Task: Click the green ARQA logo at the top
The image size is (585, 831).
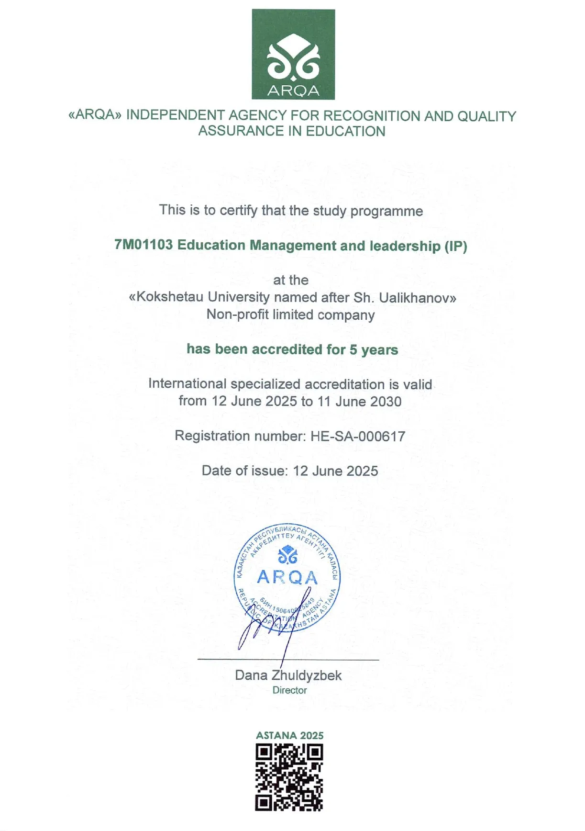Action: click(x=293, y=54)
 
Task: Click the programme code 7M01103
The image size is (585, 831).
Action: click(x=143, y=245)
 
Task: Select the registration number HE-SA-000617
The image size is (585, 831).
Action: click(x=358, y=436)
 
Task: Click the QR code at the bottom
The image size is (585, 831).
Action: click(x=289, y=777)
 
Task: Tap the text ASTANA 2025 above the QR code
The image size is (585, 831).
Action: click(x=289, y=735)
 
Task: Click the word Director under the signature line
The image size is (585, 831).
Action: click(x=289, y=690)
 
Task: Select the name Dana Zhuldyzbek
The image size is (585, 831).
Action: click(x=288, y=675)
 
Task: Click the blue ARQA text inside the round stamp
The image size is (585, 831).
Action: click(x=287, y=577)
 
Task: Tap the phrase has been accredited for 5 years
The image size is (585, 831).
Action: click(x=292, y=349)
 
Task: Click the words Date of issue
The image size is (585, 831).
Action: click(x=244, y=471)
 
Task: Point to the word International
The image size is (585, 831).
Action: click(x=187, y=384)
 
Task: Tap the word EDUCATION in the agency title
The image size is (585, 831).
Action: click(x=345, y=131)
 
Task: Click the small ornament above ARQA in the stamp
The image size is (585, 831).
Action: click(x=287, y=556)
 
